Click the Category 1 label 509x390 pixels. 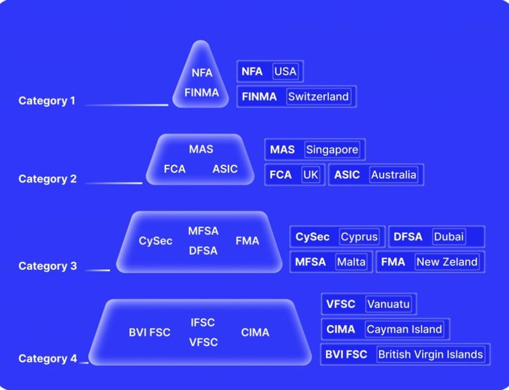46,101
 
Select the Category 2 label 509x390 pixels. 47,179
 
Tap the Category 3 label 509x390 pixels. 48,266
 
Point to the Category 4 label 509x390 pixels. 48,358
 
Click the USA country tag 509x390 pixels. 285,71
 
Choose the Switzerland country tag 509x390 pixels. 319,97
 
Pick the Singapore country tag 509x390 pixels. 332,150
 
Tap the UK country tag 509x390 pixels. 310,175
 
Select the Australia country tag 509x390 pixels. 394,175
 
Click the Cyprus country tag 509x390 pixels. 359,237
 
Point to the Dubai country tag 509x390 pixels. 449,237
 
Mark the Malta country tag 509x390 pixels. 351,261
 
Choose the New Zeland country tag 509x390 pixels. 447,261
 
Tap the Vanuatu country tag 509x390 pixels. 389,304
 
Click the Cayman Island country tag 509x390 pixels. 405,330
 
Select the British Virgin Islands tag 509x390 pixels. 431,354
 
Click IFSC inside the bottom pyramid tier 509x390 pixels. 203,323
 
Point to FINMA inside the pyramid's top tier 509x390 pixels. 202,93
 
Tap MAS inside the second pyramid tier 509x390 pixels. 201,150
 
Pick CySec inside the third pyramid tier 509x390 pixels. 155,241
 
